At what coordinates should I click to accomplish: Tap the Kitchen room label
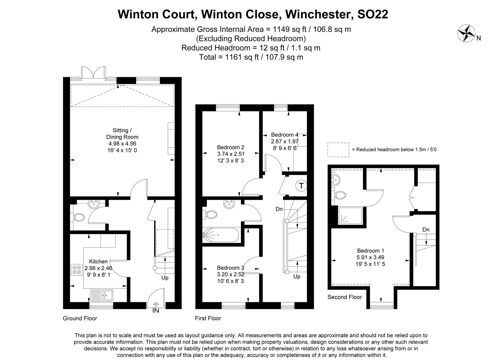point(98,262)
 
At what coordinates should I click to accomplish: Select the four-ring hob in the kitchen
point(77,269)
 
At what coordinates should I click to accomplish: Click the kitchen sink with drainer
point(102,295)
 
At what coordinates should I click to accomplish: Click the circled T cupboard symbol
point(301,186)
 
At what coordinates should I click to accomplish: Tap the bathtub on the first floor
point(221,235)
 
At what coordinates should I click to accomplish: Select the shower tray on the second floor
point(350,215)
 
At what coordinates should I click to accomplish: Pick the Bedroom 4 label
point(285,135)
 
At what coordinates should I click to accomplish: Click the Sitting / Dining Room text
point(122,134)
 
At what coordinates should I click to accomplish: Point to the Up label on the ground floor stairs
point(165,278)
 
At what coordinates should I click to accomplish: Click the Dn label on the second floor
point(426,229)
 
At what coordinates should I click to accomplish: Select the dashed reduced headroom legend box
point(338,150)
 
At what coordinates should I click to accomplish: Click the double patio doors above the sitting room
point(93,73)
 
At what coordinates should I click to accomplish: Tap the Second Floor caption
point(345,297)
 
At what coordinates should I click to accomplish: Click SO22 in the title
point(372,14)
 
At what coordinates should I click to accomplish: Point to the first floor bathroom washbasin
point(229,204)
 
